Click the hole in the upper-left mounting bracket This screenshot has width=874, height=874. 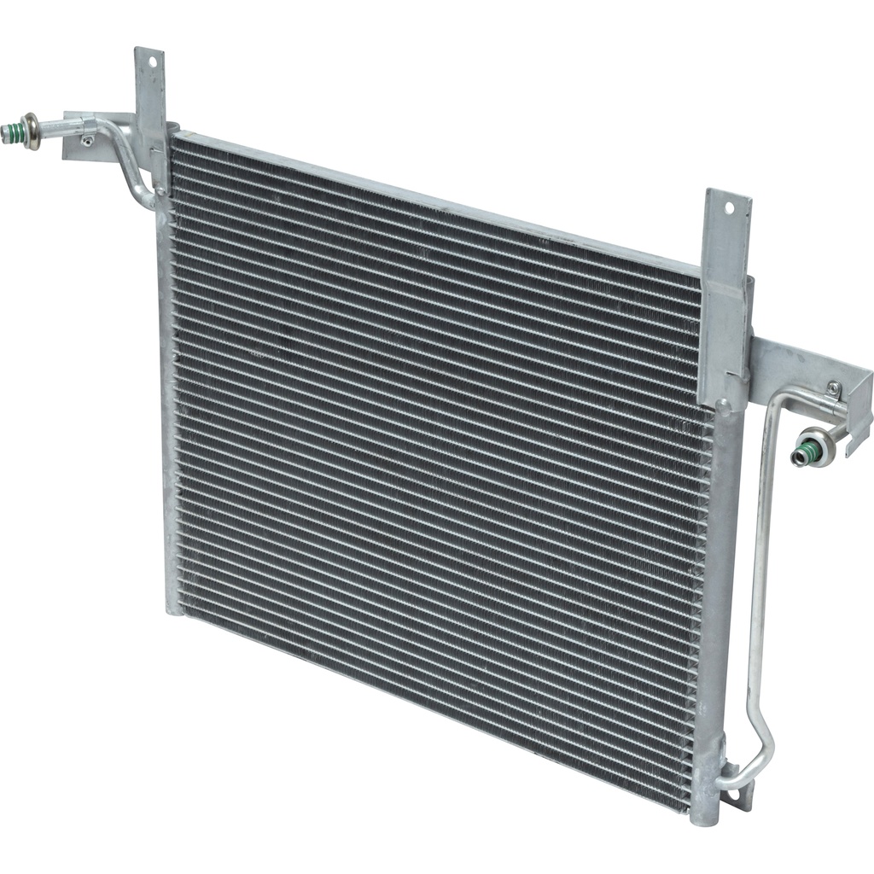[x=152, y=61]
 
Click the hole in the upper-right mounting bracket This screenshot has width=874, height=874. [x=729, y=207]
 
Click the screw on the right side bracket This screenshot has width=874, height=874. [x=833, y=390]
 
